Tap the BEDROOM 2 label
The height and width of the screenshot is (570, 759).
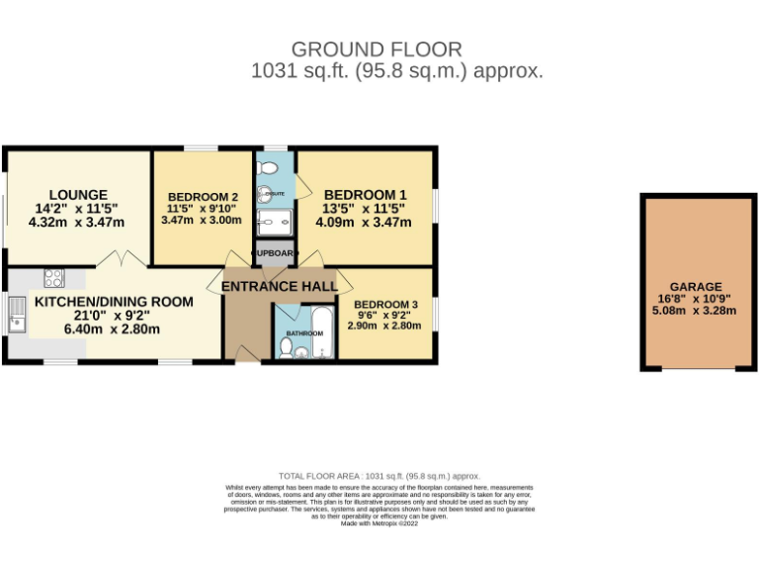[203, 196]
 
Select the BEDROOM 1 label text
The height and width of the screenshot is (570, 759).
[365, 194]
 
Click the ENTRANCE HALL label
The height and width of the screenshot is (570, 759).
[279, 286]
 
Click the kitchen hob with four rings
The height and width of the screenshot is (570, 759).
[54, 278]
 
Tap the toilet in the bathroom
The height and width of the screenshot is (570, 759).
[287, 347]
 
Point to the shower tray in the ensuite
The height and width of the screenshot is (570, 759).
[274, 221]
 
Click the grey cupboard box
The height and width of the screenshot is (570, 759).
[274, 253]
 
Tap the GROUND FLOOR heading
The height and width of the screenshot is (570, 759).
[376, 48]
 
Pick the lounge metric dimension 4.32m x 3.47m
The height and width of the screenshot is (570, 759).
[77, 223]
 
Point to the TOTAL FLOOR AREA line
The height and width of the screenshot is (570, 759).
[379, 476]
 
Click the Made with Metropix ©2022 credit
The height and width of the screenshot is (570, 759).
[379, 523]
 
